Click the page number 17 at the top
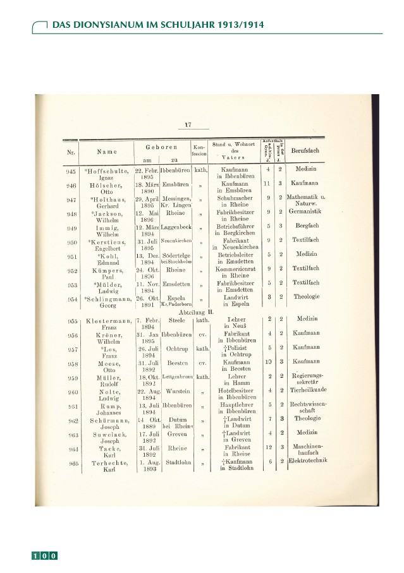[x=188, y=124]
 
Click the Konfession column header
[x=200, y=150]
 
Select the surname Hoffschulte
[x=107, y=171]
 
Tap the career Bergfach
[x=307, y=226]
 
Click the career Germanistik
[x=307, y=212]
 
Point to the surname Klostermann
[x=104, y=320]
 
